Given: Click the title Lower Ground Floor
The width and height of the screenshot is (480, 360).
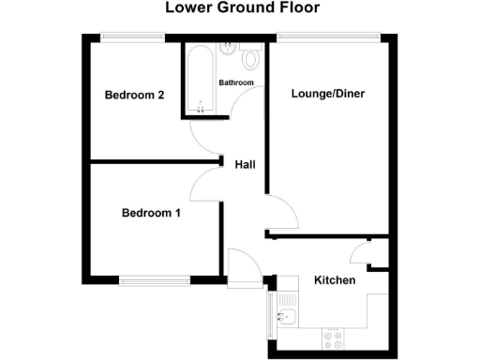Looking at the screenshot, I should click(x=242, y=8).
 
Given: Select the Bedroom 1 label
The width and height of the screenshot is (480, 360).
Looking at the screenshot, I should click(x=152, y=213).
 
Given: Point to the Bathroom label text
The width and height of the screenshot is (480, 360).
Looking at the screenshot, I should click(x=236, y=82).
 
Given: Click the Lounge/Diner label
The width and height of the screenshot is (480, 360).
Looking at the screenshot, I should click(x=328, y=93).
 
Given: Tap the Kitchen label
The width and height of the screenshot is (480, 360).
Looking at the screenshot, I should click(x=334, y=280).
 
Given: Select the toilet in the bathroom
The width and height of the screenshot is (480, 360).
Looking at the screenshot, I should click(x=249, y=59).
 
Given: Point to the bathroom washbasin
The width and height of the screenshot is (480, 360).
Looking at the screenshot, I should click(x=226, y=48).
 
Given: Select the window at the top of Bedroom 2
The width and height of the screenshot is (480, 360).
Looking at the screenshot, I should click(x=132, y=37).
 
